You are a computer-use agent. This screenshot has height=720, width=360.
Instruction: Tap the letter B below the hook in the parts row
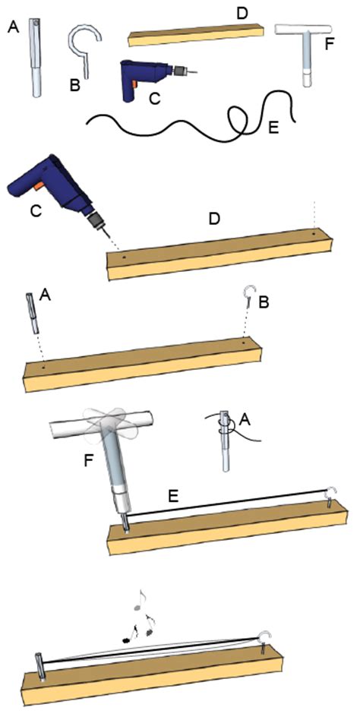click(75, 85)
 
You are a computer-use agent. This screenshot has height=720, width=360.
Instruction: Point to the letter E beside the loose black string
click(273, 128)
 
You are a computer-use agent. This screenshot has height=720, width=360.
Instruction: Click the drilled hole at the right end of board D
click(314, 234)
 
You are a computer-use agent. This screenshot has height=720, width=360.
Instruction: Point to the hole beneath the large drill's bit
click(124, 257)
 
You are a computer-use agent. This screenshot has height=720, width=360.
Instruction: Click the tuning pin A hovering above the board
click(32, 313)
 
